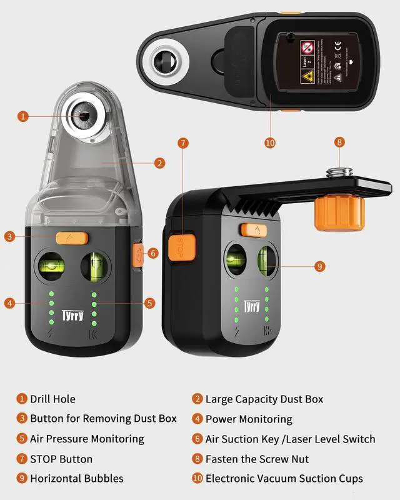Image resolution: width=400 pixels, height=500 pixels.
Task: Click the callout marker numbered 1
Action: coord(23,116)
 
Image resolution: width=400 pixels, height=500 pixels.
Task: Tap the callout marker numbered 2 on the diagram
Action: coord(159,163)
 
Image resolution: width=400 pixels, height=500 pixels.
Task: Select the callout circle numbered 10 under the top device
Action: coord(270,142)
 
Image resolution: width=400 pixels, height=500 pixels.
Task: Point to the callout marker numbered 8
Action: coord(339,142)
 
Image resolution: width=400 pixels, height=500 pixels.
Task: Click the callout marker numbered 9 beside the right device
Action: coord(319,266)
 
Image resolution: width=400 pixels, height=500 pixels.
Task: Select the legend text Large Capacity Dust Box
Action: coord(264,399)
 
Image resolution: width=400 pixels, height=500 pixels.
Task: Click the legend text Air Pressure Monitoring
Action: coord(87,439)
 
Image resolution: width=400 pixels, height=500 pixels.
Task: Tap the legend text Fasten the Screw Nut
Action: coord(257,459)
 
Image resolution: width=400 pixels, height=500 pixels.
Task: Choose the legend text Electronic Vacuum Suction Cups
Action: coord(284,479)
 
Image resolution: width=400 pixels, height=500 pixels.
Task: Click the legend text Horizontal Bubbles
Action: coord(77,479)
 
